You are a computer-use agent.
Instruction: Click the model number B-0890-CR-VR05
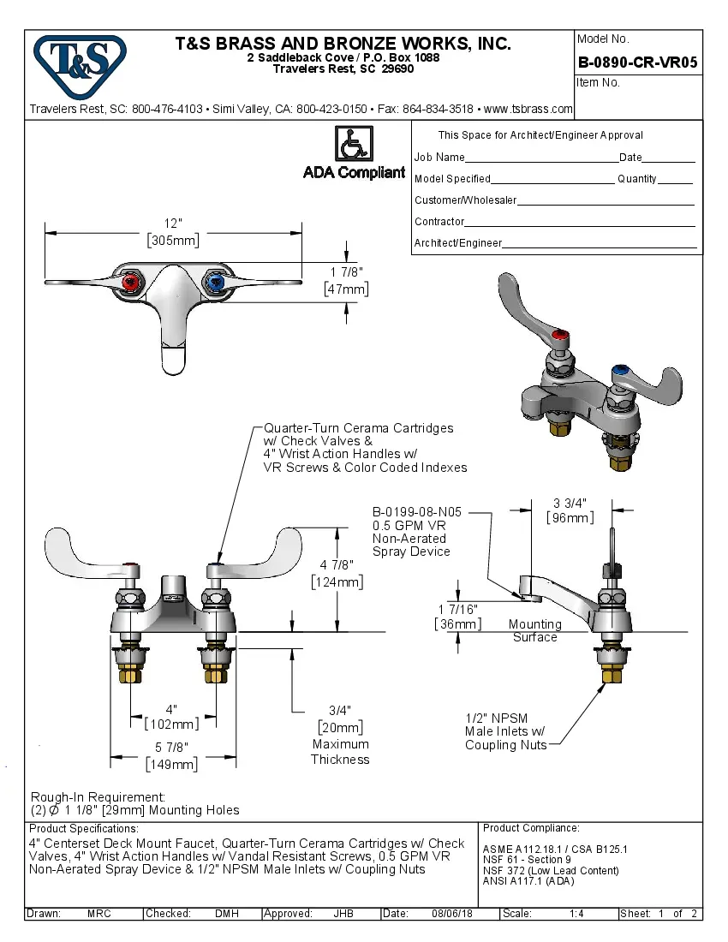(637, 62)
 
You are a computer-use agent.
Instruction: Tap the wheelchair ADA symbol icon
(353, 143)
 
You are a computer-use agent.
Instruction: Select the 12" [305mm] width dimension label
(173, 232)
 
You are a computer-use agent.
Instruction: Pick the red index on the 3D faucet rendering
(562, 336)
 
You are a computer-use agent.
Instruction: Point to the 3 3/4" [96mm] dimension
(570, 510)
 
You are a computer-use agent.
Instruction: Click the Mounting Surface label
(534, 630)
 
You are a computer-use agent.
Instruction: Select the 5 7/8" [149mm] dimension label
(173, 755)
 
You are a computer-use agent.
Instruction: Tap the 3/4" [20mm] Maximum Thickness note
(340, 735)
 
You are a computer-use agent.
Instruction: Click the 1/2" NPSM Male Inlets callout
(505, 731)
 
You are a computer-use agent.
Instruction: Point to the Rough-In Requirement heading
(98, 796)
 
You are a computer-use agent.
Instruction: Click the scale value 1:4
(576, 914)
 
